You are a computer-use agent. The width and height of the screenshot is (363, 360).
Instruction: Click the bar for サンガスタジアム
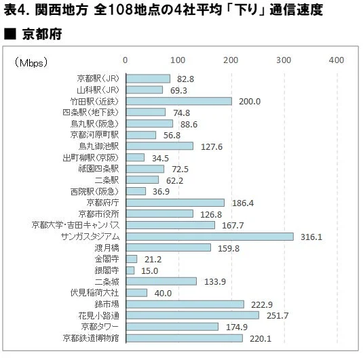(x=210, y=236)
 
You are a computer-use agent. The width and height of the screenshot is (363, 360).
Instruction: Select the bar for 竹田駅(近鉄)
(x=179, y=101)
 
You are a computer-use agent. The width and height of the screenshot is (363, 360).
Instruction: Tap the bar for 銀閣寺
(x=130, y=270)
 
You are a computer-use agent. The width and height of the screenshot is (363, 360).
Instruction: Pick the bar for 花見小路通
(x=193, y=315)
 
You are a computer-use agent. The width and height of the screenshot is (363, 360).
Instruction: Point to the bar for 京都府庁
(x=175, y=202)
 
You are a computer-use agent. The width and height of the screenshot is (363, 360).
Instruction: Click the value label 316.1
(x=309, y=237)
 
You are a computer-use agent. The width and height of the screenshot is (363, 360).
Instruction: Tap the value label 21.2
(x=153, y=259)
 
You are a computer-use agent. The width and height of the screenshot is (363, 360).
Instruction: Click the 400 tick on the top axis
(x=337, y=60)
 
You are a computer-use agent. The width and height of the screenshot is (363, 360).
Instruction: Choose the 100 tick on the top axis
(x=178, y=60)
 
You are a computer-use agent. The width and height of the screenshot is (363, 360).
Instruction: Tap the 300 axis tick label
(x=284, y=60)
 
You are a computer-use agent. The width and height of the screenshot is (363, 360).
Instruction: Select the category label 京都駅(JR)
(x=98, y=79)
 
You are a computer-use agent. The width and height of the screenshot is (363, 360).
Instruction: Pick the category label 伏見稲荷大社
(x=95, y=293)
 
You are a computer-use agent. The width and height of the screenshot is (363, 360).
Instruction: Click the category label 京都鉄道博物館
(x=90, y=338)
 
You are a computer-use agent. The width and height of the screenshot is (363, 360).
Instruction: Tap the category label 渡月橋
(x=107, y=247)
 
